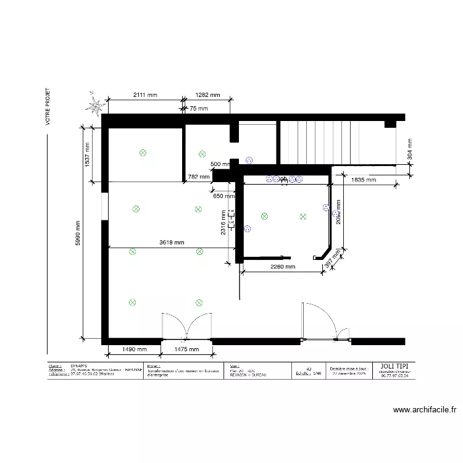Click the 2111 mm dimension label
[x=145, y=95]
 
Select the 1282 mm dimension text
[x=207, y=95]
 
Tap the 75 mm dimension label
[x=198, y=109]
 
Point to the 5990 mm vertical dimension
[x=78, y=234]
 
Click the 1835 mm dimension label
[x=363, y=180]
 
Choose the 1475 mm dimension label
[x=186, y=349]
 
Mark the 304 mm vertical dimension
[x=410, y=149]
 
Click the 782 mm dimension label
[x=198, y=177]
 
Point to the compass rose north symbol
[x=95, y=106]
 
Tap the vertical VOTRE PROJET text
[x=47, y=106]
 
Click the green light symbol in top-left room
[x=143, y=152]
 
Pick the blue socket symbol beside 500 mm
[x=249, y=160]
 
